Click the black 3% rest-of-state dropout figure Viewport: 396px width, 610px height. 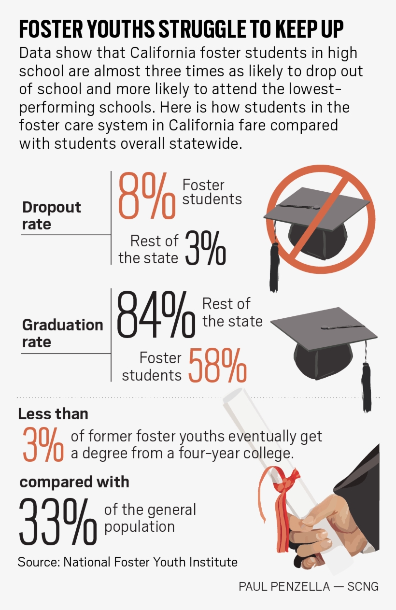pyautogui.click(x=205, y=248)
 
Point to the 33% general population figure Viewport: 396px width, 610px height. pyautogui.click(x=57, y=521)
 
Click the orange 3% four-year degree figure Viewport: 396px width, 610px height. pyautogui.click(x=42, y=444)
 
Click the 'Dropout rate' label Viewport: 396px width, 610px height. pyautogui.click(x=51, y=215)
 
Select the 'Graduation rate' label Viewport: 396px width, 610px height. pyautogui.click(x=62, y=333)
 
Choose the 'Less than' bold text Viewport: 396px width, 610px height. pyautogui.click(x=53, y=414)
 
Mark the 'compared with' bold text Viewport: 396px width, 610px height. pyautogui.click(x=74, y=482)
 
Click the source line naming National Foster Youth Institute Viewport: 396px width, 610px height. pyautogui.click(x=127, y=562)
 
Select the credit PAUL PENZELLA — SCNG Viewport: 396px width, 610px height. pyautogui.click(x=309, y=586)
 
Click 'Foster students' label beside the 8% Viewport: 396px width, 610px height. pyautogui.click(x=212, y=192)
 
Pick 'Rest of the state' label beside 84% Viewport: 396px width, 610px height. pyautogui.click(x=232, y=312)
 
